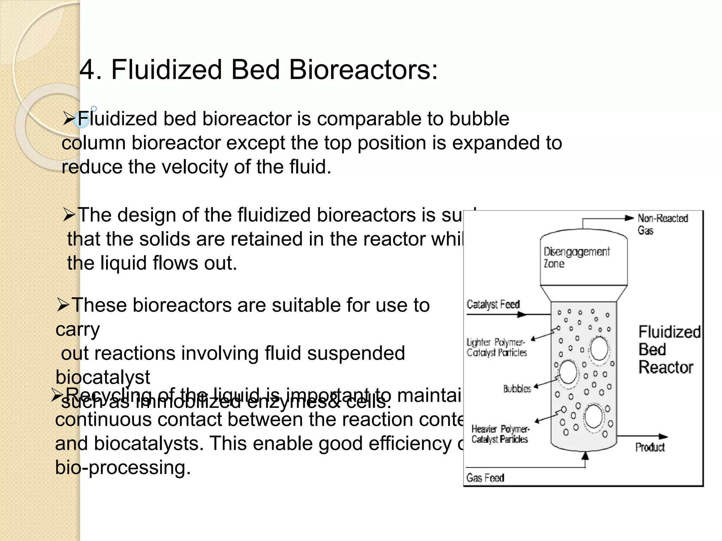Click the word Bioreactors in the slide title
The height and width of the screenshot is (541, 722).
(x=363, y=69)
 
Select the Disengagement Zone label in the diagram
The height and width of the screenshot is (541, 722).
(x=576, y=257)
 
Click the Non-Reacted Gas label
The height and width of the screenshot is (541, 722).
(x=662, y=224)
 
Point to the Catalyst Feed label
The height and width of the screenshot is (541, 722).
(x=493, y=304)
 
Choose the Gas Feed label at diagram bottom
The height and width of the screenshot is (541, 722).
(x=485, y=478)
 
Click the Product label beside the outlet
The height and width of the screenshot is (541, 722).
(x=650, y=447)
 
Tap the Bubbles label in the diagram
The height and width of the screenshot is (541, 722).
(x=517, y=389)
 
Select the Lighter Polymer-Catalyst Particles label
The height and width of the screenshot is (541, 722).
(x=496, y=347)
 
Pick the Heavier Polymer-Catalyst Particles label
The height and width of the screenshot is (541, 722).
(x=500, y=434)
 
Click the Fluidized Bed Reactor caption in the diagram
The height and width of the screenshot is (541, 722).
(x=668, y=349)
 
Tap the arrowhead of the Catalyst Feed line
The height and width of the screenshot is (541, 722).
(x=522, y=315)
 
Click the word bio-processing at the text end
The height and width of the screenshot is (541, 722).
(x=123, y=468)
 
